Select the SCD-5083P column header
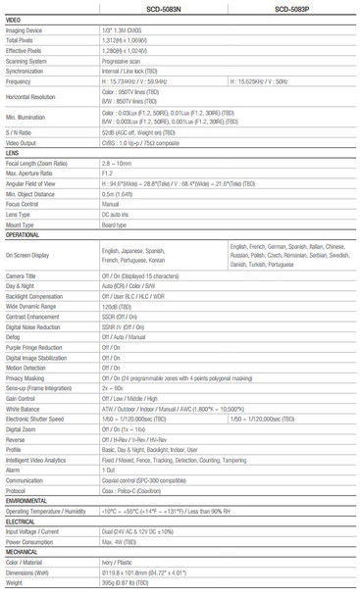(293, 7)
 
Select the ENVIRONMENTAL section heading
(26, 502)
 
